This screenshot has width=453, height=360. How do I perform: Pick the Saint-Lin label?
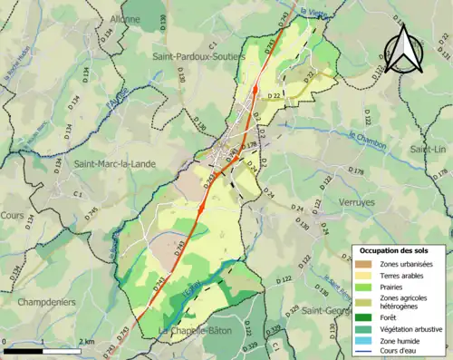[429, 149]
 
